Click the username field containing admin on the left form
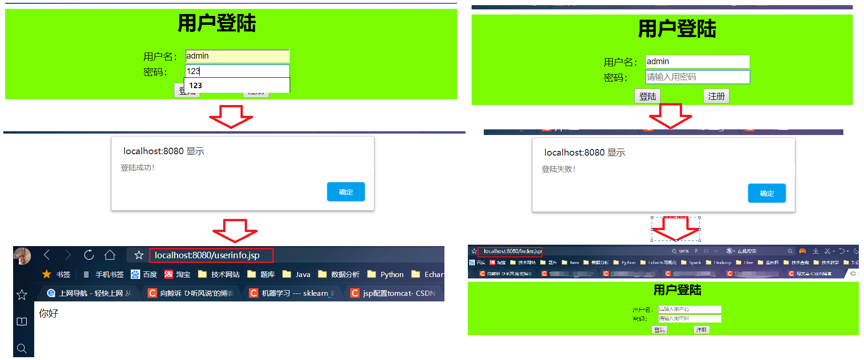coord(237,56)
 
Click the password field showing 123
coord(237,71)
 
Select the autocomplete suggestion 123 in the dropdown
coord(237,85)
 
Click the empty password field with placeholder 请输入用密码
coord(698,77)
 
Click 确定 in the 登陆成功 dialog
coord(346,192)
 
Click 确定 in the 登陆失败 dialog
coord(766,193)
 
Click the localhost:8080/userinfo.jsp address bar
coord(211,255)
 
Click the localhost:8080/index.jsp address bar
coord(512,251)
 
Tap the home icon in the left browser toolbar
coord(110,255)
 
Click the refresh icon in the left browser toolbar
coord(89,255)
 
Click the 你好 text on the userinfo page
coord(49,313)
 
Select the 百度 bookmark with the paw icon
coord(144,274)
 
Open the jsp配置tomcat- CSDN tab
coord(394,293)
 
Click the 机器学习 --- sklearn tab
coord(293,293)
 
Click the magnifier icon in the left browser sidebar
coord(22,348)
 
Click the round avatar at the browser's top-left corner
coord(22,256)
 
